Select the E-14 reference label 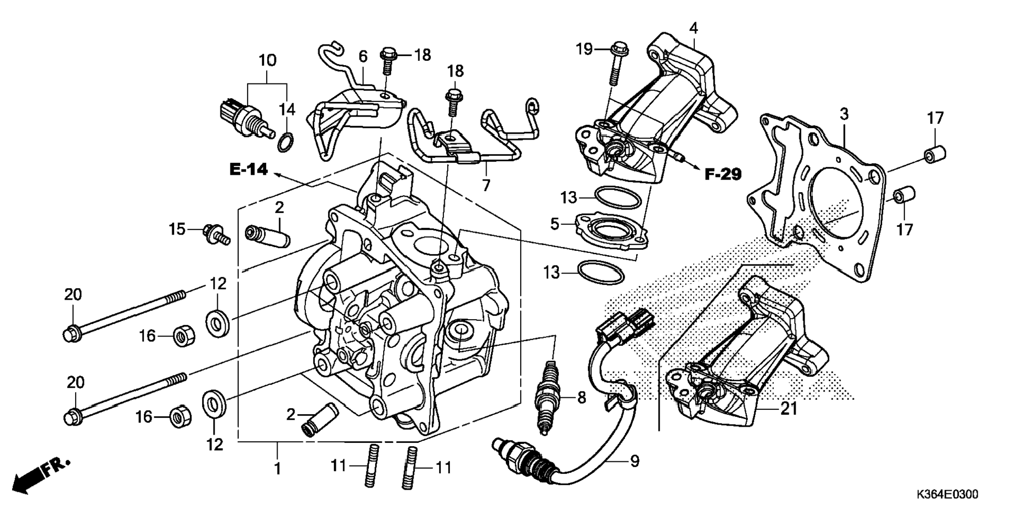[249, 169]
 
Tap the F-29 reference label [723, 174]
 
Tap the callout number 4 [694, 28]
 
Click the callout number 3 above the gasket [844, 114]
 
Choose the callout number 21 [789, 409]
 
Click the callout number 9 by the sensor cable [635, 461]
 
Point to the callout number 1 [278, 468]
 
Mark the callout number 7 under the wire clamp [486, 185]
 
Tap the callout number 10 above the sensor [267, 60]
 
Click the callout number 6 [363, 57]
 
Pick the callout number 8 [581, 398]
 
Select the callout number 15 [177, 229]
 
